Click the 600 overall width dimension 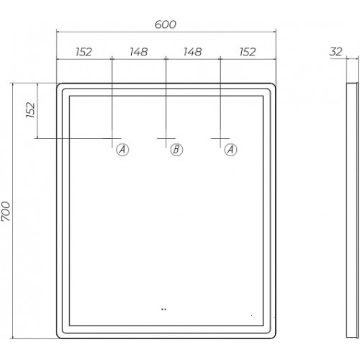click(166, 24)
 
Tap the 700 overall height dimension click(6, 211)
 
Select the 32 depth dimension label click(336, 51)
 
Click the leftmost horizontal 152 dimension click(84, 52)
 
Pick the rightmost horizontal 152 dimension click(248, 52)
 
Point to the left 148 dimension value click(139, 52)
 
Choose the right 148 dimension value click(193, 52)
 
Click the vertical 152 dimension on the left click(31, 110)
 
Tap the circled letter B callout click(176, 150)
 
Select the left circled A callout click(122, 150)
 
